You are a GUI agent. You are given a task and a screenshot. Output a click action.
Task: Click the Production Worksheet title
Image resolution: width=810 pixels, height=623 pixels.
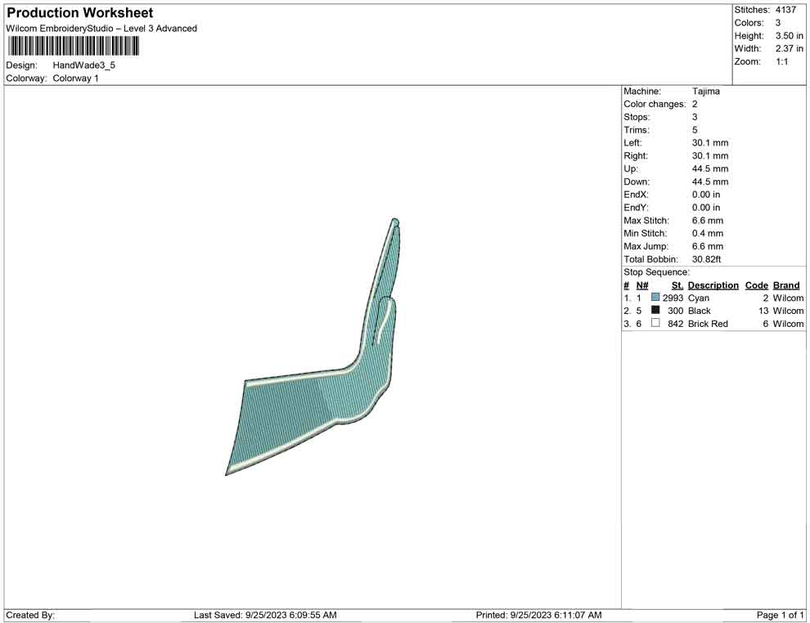coord(79,13)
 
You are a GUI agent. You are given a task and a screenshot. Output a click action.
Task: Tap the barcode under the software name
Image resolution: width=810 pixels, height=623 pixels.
coord(73,46)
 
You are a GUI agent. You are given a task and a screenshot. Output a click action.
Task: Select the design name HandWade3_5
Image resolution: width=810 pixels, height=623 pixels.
coord(83,65)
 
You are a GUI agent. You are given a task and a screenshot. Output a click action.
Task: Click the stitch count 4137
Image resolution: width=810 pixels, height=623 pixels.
coord(785,10)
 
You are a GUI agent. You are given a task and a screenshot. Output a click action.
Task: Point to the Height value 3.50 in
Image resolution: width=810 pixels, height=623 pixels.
coord(789,36)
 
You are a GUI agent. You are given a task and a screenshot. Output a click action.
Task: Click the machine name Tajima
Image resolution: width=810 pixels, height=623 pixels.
coord(705,92)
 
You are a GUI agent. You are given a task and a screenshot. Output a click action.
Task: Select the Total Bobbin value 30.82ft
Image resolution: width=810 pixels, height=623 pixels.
coord(706,259)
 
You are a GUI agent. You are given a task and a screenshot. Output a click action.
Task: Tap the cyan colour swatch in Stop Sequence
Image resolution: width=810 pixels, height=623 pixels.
coord(655,298)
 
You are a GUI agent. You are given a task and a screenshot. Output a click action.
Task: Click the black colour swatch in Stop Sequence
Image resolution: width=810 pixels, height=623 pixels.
coord(655,310)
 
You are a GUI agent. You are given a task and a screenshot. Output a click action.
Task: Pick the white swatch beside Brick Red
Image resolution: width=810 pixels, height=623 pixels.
coord(655,323)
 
